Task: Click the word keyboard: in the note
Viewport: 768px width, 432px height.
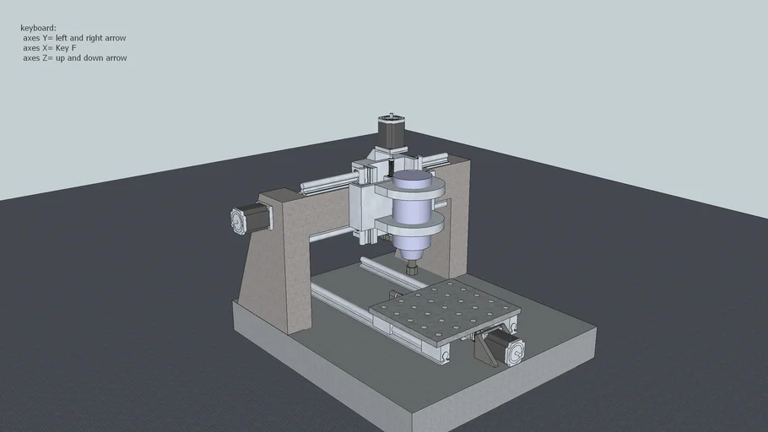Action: tap(38, 28)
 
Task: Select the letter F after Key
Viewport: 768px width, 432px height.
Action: tap(73, 48)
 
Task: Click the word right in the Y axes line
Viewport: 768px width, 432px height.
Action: tap(94, 38)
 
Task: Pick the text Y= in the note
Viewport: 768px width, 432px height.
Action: tap(47, 38)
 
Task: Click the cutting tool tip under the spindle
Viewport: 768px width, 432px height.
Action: tap(412, 270)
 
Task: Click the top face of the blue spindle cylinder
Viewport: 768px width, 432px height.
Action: tap(413, 176)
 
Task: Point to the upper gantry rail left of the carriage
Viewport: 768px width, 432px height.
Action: tap(325, 181)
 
